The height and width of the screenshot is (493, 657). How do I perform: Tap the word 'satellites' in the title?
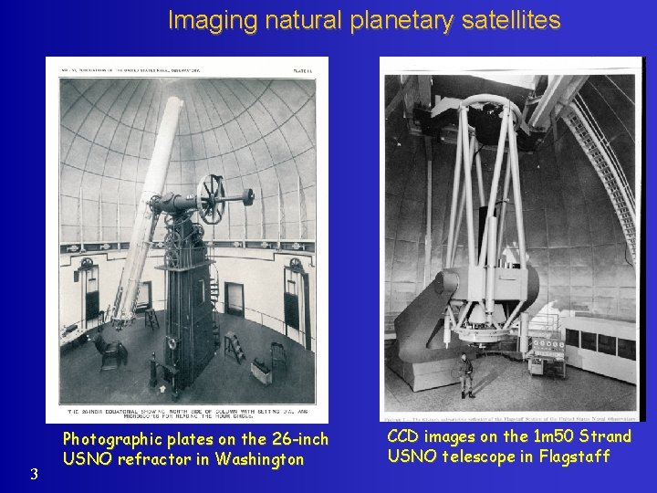pos(507,20)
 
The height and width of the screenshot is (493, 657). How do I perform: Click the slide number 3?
pos(33,473)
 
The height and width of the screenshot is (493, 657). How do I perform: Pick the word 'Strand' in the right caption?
pos(599,436)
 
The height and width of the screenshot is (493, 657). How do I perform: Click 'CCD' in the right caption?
pos(404,436)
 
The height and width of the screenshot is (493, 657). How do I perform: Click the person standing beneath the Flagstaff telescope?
pos(467,374)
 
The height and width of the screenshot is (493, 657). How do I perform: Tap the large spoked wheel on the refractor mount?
pos(211,198)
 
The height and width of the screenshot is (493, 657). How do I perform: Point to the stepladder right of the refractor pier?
pos(235,347)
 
